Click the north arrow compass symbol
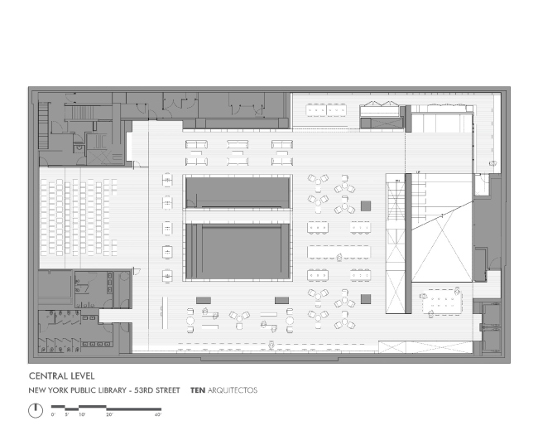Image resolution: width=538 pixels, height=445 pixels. [35, 409]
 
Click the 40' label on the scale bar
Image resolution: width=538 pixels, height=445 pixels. [157, 414]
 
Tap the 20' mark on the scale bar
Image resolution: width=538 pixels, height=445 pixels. [108, 414]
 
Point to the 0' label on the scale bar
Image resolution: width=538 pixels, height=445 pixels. [53, 414]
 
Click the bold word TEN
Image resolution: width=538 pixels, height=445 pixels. [197, 389]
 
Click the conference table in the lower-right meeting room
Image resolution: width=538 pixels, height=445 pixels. [439, 303]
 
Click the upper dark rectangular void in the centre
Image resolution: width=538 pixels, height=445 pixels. [237, 191]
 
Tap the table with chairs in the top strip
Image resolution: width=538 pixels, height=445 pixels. [325, 109]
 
